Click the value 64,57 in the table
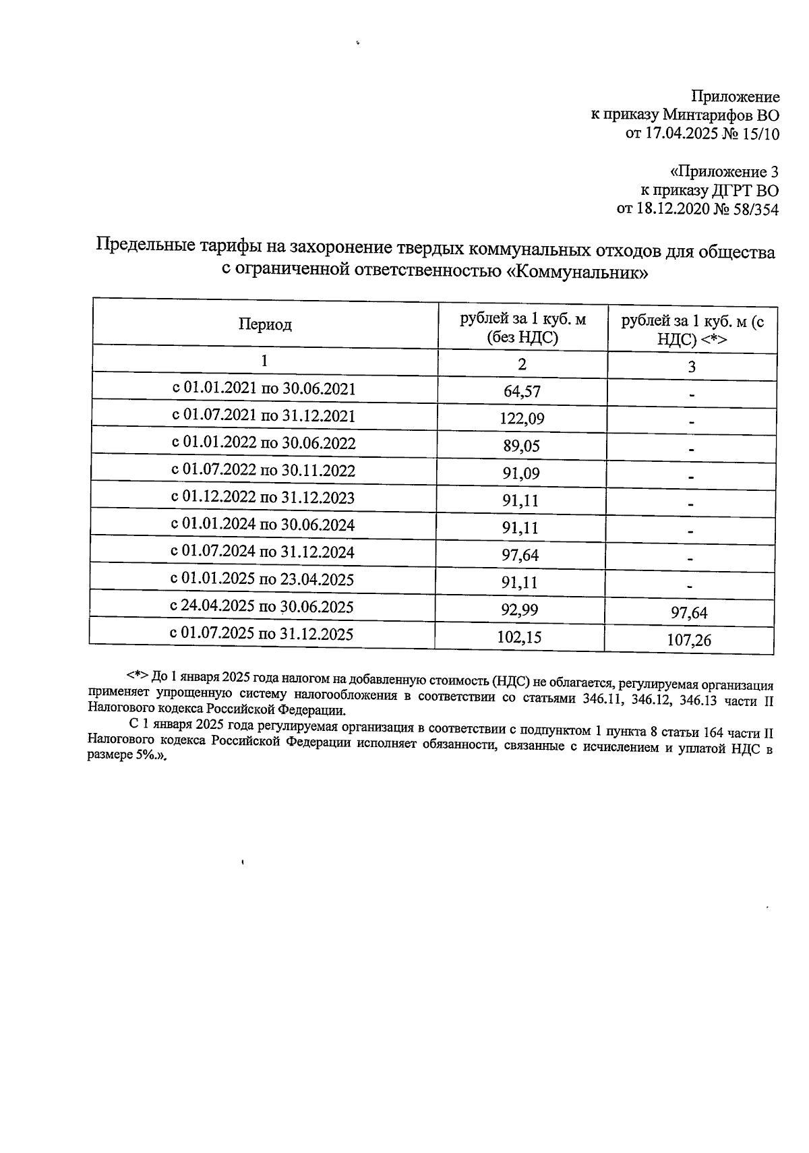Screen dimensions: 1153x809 522,391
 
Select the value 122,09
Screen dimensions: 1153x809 522,419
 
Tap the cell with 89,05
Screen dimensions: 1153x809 521,446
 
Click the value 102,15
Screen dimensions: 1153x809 519,637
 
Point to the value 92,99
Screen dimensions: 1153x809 520,610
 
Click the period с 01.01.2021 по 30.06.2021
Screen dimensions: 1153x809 264,388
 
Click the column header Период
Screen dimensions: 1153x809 265,325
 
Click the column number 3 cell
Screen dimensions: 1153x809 691,367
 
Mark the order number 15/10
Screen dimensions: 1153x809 759,134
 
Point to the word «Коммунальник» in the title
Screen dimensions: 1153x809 577,272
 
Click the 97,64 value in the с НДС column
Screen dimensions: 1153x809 689,612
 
